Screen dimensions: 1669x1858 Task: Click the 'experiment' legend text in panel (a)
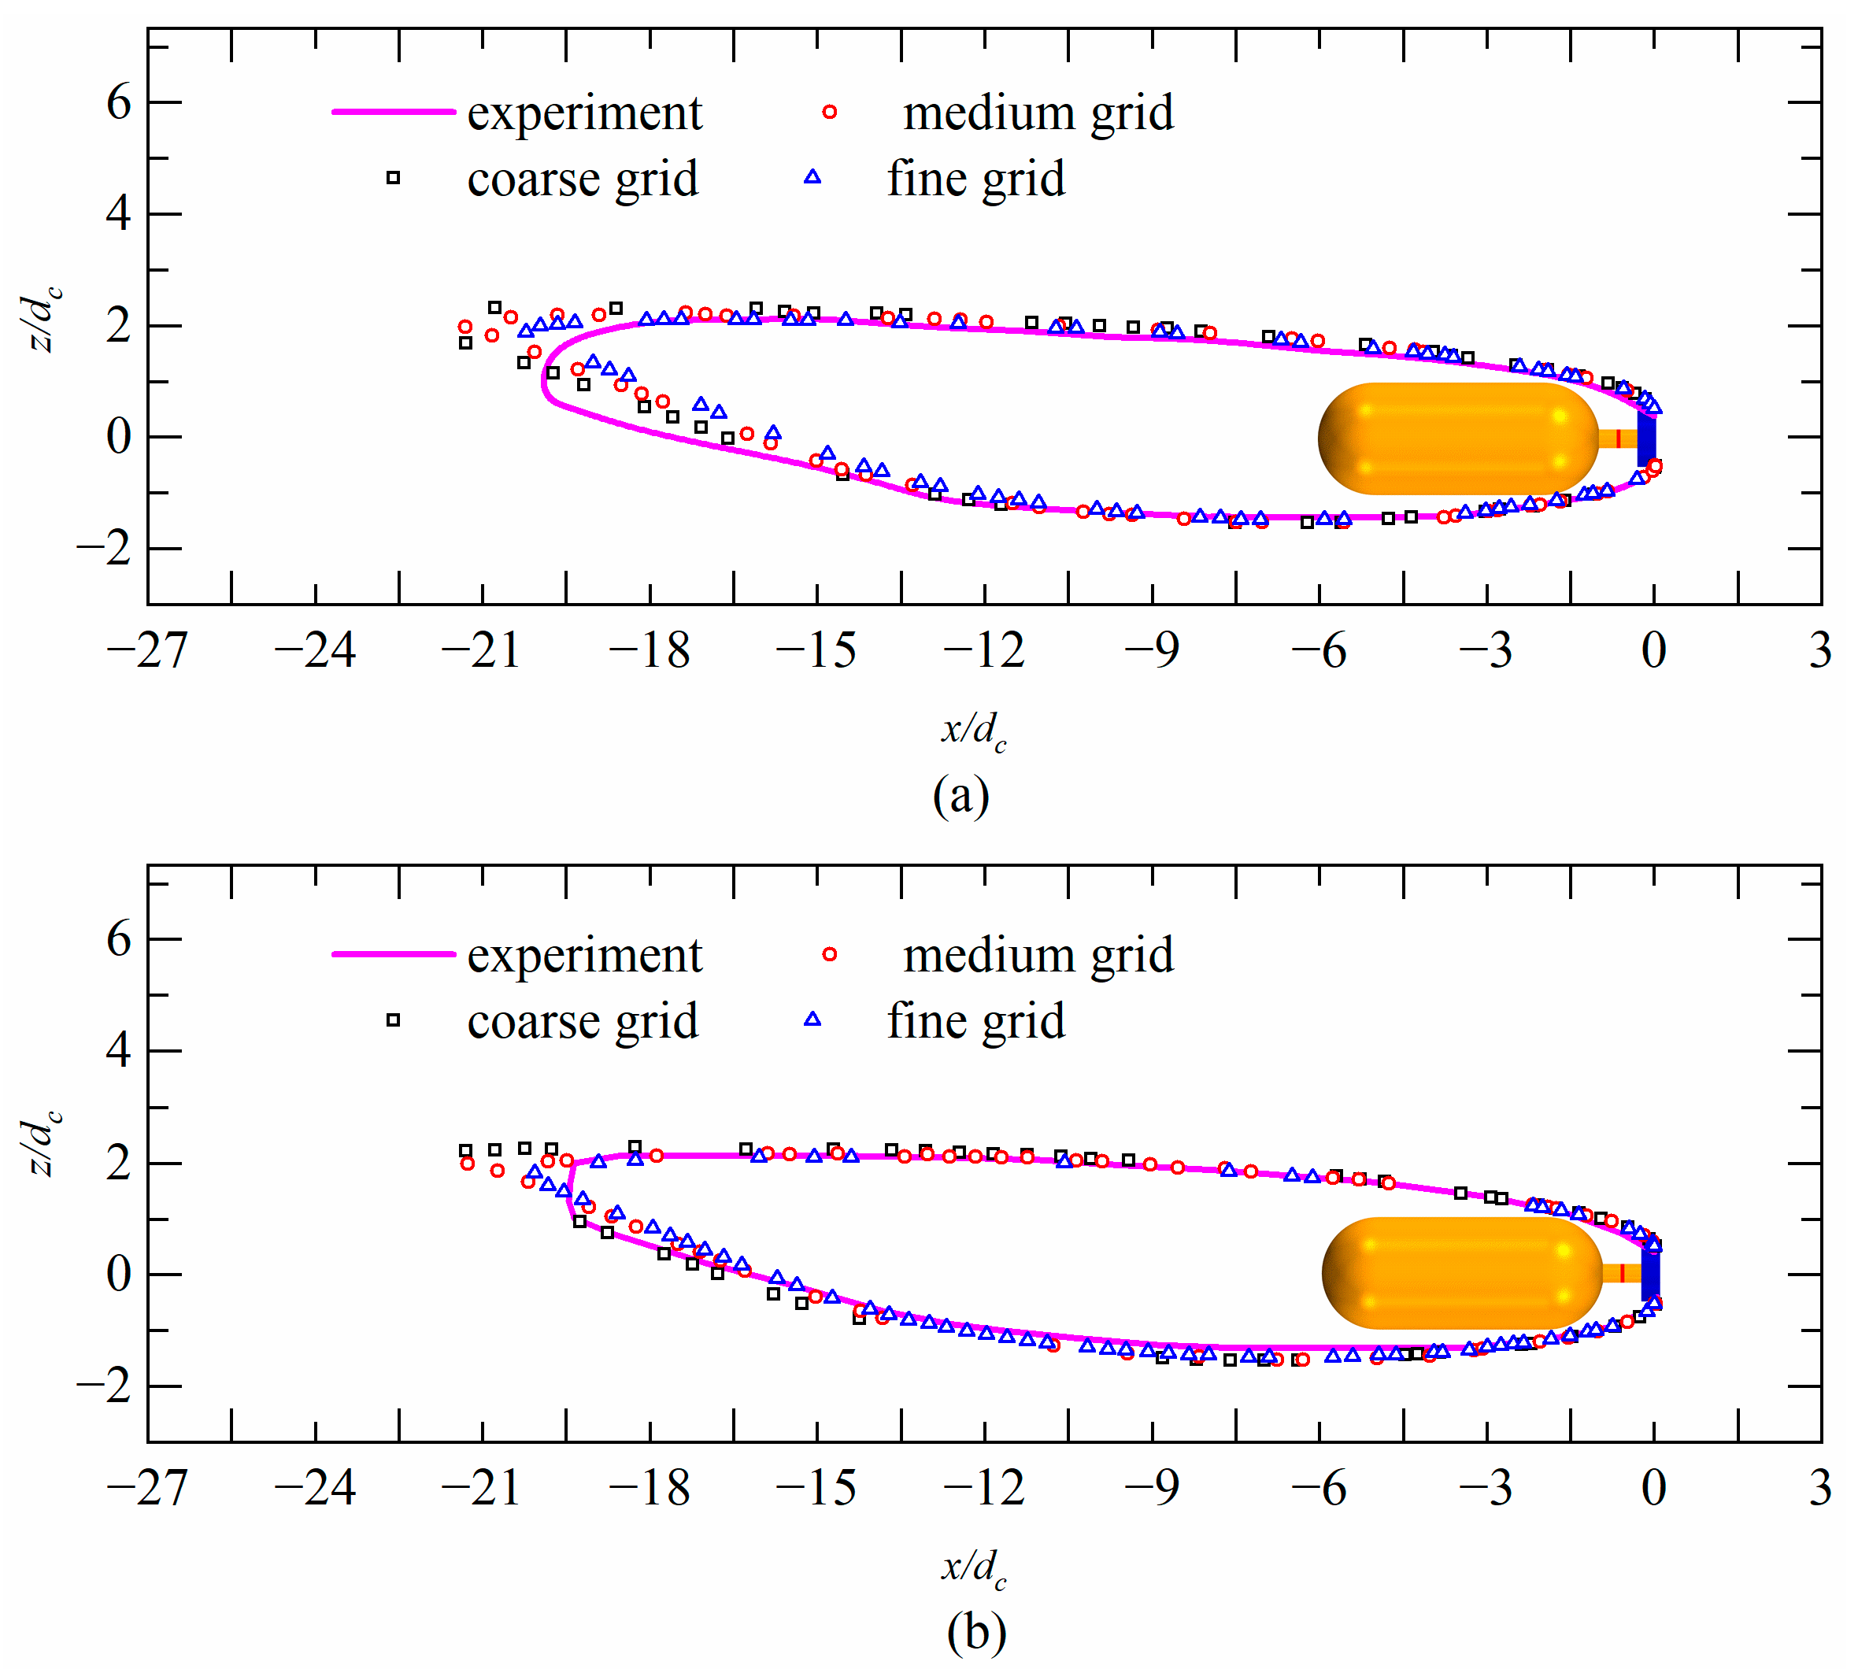[584, 113]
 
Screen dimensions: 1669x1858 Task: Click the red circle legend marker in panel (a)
[829, 112]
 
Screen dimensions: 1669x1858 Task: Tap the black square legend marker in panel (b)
[393, 1020]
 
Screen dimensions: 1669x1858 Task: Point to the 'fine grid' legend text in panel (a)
[975, 178]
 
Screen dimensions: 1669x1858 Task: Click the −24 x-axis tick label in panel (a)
[315, 651]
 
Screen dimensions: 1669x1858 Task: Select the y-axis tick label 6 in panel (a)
[119, 102]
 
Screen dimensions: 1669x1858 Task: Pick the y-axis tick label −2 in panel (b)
[105, 1387]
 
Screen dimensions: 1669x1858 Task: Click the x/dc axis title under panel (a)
[974, 731]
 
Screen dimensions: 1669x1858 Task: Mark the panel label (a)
[960, 794]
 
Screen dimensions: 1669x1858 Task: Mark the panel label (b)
[975, 1631]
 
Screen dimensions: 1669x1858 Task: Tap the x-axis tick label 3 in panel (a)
[1820, 651]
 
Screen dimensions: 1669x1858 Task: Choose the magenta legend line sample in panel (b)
[394, 953]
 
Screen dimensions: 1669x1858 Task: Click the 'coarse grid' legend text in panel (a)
[583, 178]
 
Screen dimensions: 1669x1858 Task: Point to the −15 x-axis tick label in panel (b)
[816, 1487]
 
